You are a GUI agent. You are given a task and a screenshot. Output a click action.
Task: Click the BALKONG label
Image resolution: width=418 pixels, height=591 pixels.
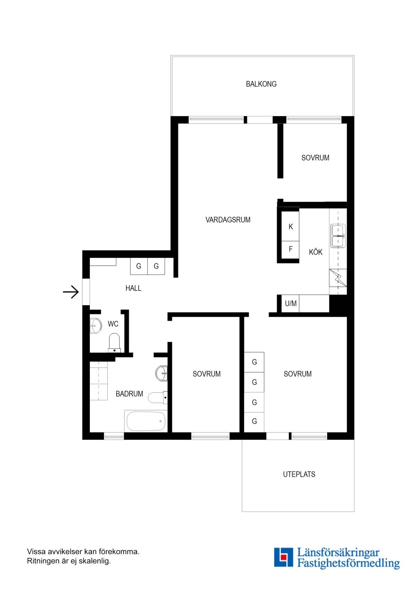click(261, 84)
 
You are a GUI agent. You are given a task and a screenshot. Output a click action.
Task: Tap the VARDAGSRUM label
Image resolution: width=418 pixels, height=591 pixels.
click(228, 220)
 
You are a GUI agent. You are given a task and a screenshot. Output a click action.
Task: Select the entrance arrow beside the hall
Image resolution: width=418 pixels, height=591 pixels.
click(71, 292)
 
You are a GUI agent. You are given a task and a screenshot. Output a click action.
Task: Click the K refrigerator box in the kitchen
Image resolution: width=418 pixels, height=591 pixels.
click(290, 227)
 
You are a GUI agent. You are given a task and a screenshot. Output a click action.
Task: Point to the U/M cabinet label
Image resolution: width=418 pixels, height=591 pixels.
click(291, 304)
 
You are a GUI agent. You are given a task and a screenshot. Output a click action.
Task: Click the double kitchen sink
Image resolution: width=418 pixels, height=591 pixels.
click(338, 236)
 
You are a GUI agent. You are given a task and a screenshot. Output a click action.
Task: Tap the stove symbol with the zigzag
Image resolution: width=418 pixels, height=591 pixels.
click(338, 278)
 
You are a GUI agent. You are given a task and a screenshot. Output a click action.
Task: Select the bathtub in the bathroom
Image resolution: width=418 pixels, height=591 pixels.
click(146, 421)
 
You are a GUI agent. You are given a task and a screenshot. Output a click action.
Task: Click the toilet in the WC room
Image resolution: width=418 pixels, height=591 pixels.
click(114, 343)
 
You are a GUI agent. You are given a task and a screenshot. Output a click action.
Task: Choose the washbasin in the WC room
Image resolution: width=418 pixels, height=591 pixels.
click(96, 326)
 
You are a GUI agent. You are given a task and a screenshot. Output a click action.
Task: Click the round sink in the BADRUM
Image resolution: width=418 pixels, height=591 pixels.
click(161, 373)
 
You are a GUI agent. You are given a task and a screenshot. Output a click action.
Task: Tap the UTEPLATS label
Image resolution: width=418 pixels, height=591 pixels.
click(299, 474)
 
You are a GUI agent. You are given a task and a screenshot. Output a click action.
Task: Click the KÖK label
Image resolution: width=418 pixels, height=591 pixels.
click(316, 252)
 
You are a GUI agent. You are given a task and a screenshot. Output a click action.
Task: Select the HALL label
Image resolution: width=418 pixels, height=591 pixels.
click(133, 288)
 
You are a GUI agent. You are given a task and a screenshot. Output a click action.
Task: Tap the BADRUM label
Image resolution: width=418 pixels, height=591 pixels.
click(129, 394)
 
